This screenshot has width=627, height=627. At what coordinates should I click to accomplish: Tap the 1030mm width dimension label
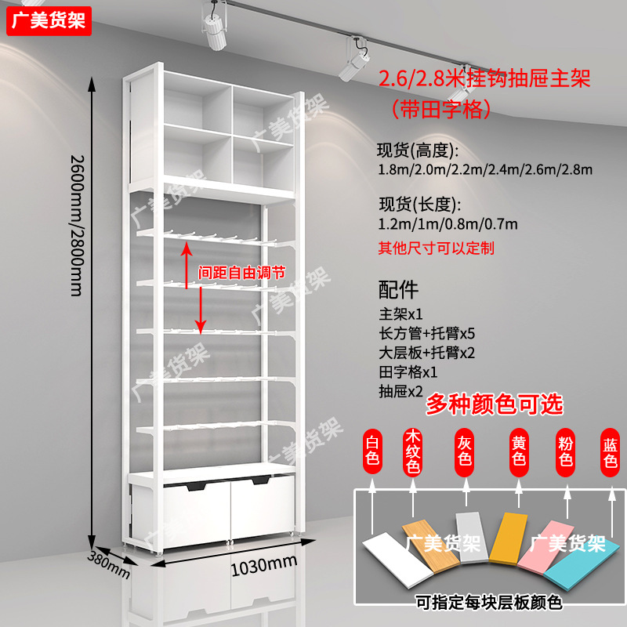[263, 562]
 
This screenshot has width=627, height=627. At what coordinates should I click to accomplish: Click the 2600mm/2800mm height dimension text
[77, 224]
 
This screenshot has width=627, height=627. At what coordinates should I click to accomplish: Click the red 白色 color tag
[373, 451]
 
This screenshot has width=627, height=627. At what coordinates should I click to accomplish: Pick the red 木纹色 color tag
[414, 451]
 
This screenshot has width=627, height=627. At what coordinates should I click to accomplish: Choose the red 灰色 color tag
[465, 451]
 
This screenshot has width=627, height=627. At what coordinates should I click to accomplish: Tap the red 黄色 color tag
[518, 451]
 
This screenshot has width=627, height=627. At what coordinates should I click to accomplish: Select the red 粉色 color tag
[565, 451]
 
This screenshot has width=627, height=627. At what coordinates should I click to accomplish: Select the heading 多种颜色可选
[495, 404]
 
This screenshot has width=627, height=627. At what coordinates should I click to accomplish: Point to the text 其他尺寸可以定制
[436, 248]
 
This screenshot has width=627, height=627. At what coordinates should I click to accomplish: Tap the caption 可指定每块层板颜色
[488, 602]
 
